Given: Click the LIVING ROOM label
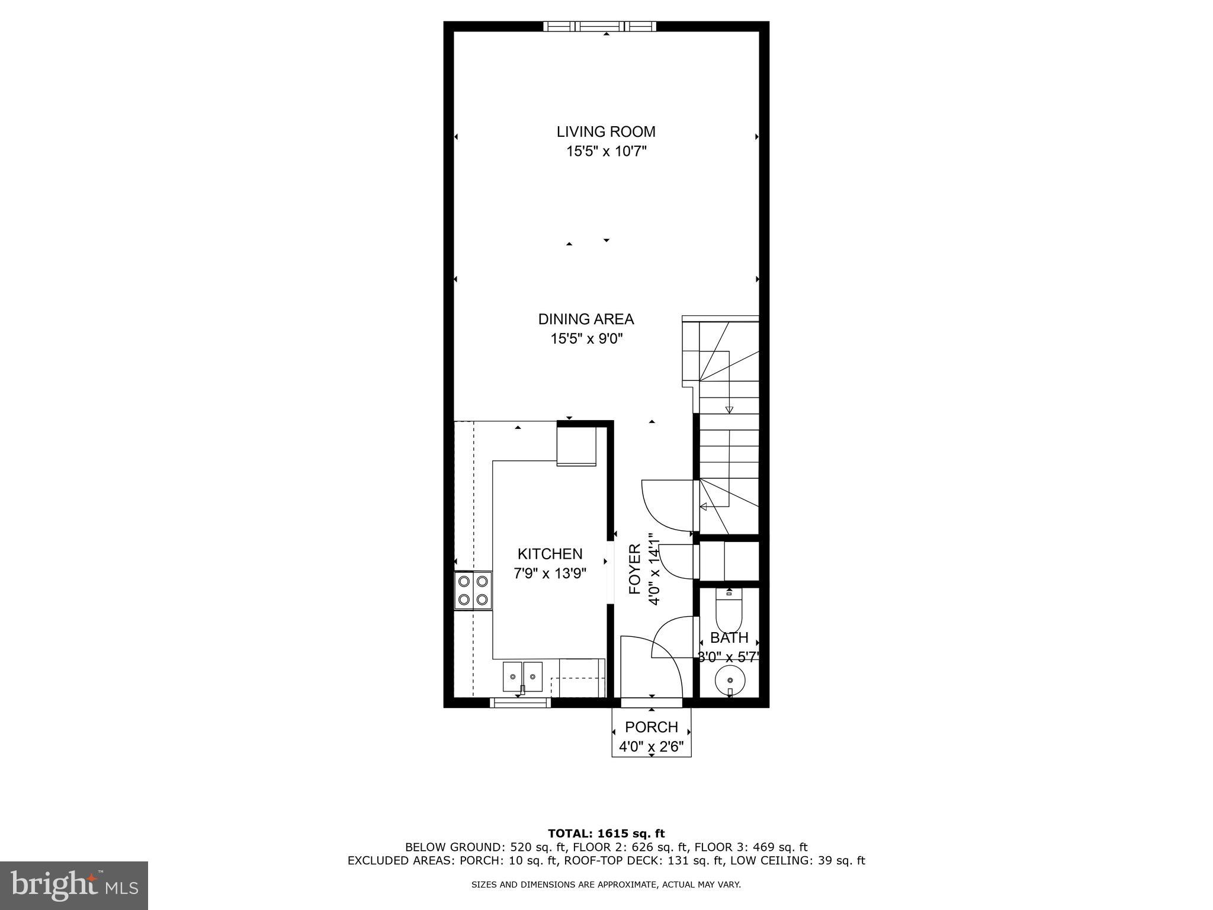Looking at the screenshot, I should (606, 132).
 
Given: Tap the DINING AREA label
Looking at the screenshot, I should (586, 319).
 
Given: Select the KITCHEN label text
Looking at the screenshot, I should (550, 554).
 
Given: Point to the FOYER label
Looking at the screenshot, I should (635, 569).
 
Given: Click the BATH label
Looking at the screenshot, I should (729, 638).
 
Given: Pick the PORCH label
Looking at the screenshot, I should (651, 727).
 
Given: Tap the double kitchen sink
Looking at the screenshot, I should (522, 677).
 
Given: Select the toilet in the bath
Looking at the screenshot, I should (729, 611).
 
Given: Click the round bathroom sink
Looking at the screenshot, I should (730, 679).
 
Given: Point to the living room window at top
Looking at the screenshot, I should (600, 26).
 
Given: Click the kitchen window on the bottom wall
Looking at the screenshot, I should (521, 703).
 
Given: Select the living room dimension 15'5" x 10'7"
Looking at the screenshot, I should (606, 152).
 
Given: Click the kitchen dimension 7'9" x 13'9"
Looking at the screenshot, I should (550, 573).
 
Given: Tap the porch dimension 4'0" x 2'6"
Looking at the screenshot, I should (654, 747).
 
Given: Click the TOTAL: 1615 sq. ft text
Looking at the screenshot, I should (606, 834).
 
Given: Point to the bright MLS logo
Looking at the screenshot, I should (74, 885).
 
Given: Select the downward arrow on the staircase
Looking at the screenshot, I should (729, 409).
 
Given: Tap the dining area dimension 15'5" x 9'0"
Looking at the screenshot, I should (586, 339).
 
